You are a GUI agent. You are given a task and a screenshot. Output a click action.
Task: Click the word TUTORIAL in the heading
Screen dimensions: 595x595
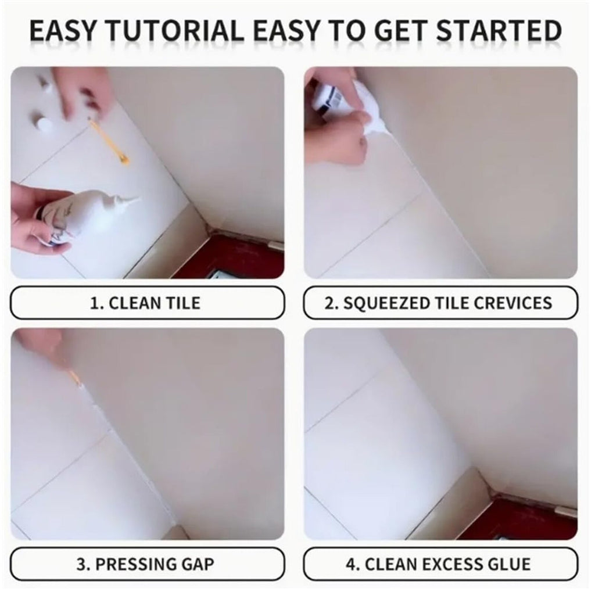(174, 31)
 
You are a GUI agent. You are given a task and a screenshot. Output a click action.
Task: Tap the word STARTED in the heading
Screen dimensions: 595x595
(499, 31)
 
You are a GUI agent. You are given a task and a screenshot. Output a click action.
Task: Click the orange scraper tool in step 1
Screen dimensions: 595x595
(109, 141)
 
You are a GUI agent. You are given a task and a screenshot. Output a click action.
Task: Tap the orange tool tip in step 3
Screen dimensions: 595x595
(75, 376)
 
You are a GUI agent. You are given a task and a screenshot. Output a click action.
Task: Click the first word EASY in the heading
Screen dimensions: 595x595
(63, 31)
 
